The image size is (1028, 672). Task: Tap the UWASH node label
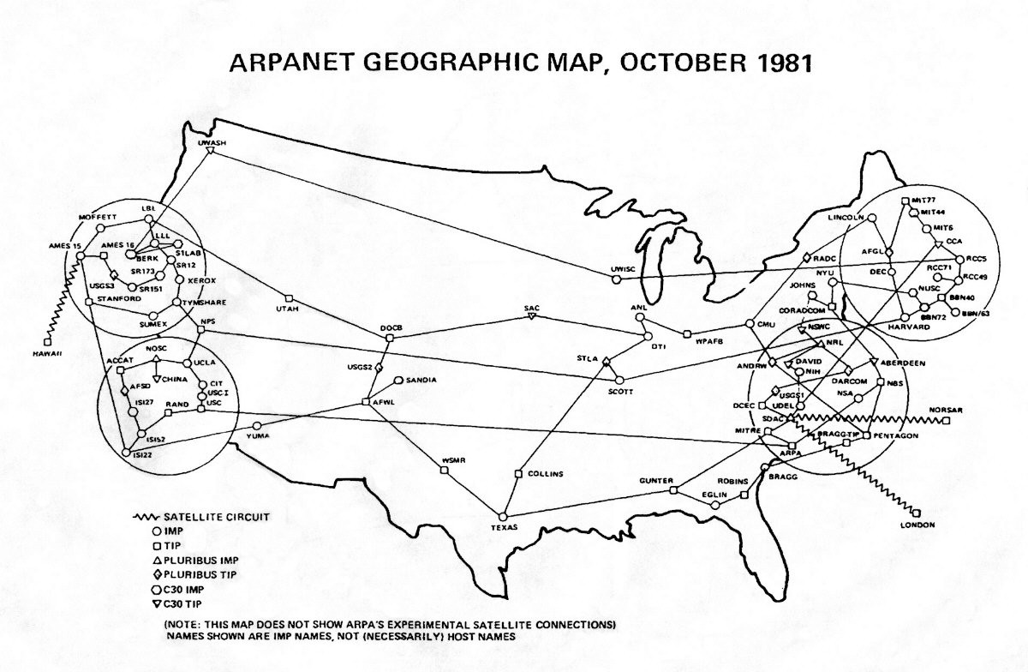pyautogui.click(x=211, y=143)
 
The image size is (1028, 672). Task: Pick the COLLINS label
pyautogui.click(x=545, y=473)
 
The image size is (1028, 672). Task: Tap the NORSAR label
pyautogui.click(x=945, y=410)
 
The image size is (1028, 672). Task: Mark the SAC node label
pyautogui.click(x=531, y=307)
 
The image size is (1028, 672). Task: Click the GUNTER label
pyautogui.click(x=657, y=481)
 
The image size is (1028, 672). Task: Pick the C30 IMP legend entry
pyautogui.click(x=185, y=589)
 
